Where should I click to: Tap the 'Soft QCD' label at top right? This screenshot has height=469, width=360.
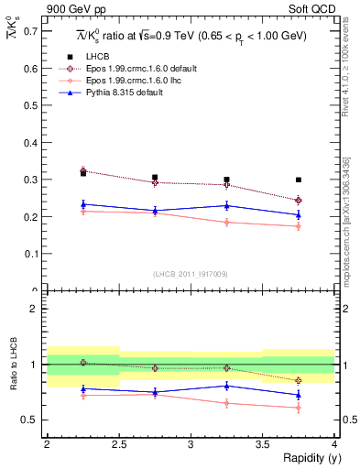tap(314, 9)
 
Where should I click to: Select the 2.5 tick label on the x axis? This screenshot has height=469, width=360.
tap(118, 444)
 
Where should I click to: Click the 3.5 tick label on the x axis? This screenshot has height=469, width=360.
tap(263, 444)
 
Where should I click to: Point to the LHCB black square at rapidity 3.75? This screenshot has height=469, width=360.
tap(299, 180)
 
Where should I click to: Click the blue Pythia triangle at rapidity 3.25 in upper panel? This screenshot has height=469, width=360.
tap(226, 205)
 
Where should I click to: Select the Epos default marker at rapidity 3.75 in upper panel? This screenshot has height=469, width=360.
tap(299, 200)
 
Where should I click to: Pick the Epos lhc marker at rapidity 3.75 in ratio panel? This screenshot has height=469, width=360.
tap(299, 408)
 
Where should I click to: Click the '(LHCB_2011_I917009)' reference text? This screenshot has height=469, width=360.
tap(191, 274)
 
